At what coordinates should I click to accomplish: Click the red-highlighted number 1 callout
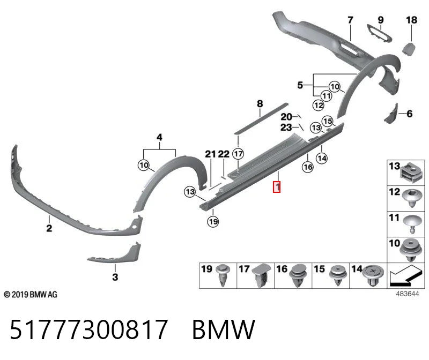click(x=277, y=187)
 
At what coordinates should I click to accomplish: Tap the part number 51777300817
click(x=88, y=329)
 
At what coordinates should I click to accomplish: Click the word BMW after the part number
click(x=224, y=329)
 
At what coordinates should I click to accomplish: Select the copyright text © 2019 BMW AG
click(x=31, y=295)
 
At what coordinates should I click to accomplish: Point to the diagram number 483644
click(x=407, y=294)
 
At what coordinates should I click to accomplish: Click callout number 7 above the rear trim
click(x=350, y=20)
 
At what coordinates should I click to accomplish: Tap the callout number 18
click(x=411, y=20)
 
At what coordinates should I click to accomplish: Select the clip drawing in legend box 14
click(x=373, y=275)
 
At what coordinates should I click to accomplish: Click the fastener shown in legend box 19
click(x=223, y=275)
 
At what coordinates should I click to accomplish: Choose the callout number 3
click(x=115, y=277)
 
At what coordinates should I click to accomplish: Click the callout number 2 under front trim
click(x=49, y=228)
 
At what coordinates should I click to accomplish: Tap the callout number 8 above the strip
click(x=260, y=103)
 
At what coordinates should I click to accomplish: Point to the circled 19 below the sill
click(x=213, y=221)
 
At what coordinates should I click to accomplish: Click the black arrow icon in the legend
click(x=404, y=275)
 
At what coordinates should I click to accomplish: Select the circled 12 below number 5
click(x=318, y=105)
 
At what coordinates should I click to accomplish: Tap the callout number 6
click(x=409, y=114)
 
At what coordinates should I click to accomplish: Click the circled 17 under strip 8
click(x=238, y=154)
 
